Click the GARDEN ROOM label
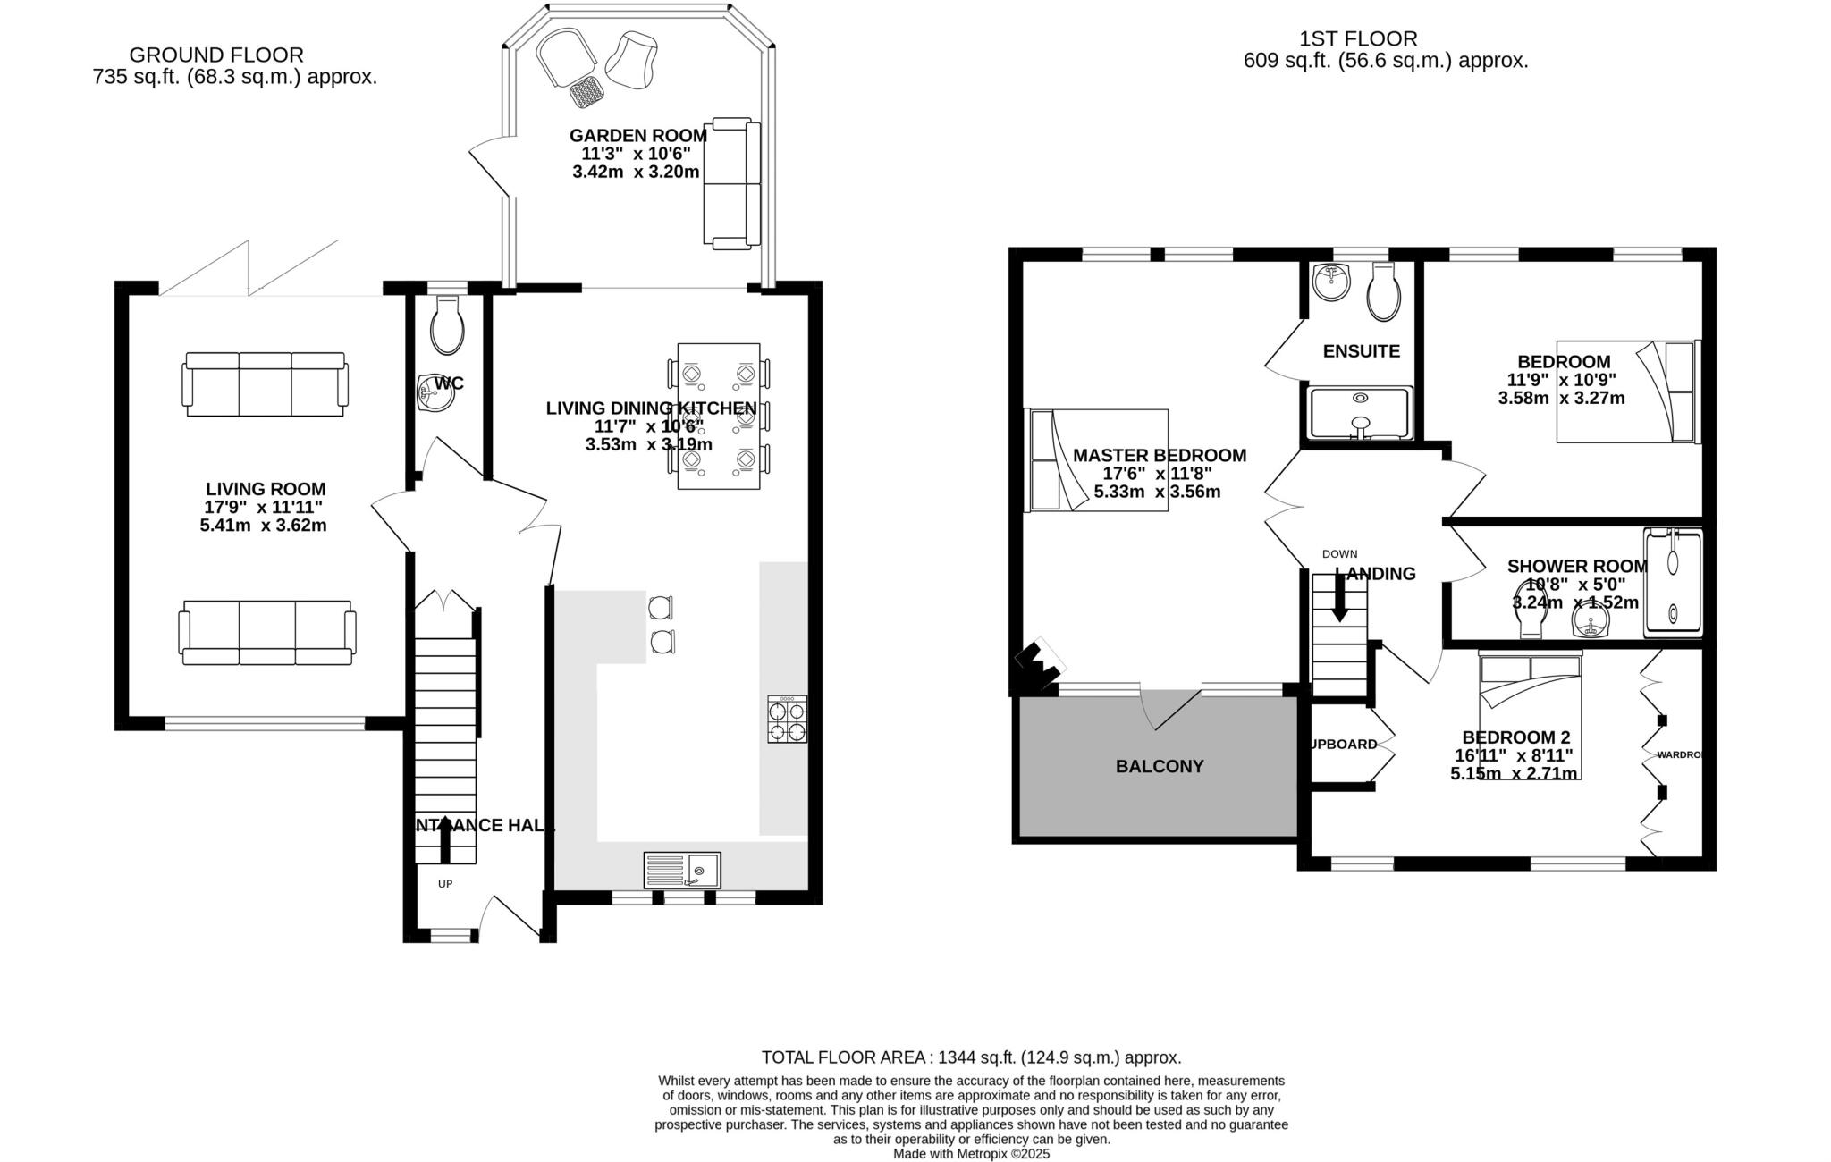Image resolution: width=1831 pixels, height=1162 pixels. coord(637,136)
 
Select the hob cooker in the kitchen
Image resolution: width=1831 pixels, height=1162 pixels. coord(788,720)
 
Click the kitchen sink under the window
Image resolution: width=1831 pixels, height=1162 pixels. coord(682,870)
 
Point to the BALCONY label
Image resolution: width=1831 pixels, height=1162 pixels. coord(1160,766)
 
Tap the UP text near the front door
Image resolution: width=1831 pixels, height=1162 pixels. coord(445,884)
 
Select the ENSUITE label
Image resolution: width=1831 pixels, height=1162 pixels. coord(1361,351)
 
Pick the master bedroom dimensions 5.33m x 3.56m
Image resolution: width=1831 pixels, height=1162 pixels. coord(1157,492)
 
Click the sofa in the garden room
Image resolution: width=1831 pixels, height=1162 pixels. coord(732,183)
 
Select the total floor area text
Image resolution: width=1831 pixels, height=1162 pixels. coord(971,1057)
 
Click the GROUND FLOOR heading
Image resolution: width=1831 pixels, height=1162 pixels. coord(216,55)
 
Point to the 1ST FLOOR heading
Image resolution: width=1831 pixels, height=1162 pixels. coord(1358,39)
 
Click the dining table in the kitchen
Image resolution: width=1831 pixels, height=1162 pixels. coord(719,416)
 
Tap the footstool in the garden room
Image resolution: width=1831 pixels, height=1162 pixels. coord(586,91)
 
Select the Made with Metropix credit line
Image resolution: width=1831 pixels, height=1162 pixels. coord(971,1154)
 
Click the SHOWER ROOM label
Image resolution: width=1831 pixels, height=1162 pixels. coord(1577,566)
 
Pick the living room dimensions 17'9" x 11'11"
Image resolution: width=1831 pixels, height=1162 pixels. coord(263,507)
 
